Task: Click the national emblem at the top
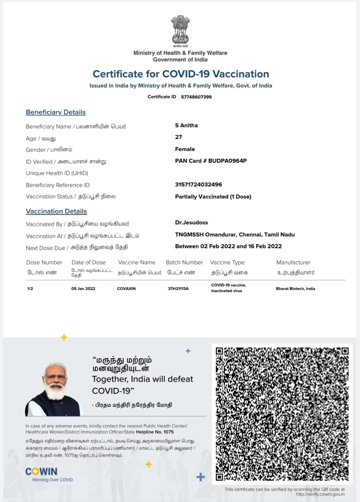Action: point(180,30)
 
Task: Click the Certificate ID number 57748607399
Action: point(196,97)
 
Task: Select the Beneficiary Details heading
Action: point(56,112)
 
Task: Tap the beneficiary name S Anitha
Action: point(186,125)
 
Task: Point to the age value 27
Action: point(178,137)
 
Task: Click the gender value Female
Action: point(185,149)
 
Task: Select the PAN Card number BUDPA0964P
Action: point(227,161)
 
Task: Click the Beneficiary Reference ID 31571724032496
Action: point(198,185)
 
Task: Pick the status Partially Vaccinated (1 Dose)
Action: point(213,196)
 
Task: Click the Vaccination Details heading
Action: point(56,211)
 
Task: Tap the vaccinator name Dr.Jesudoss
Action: point(191,222)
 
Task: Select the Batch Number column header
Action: point(184,262)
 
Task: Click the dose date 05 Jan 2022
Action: point(83,289)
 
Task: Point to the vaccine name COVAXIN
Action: point(126,289)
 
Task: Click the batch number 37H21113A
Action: point(178,289)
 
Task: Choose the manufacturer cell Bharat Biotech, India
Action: point(295,289)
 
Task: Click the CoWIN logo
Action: point(41,471)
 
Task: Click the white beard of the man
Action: point(55,391)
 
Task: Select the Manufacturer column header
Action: point(293,262)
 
